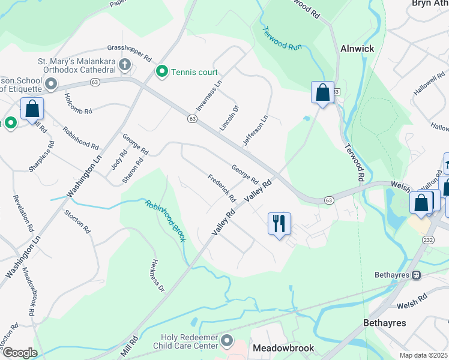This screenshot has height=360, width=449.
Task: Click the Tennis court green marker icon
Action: coord(161,73)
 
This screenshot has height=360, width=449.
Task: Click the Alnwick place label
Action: coord(357,49)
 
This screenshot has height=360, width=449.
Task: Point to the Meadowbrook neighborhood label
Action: coord(283,348)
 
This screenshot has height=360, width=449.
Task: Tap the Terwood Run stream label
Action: coord(282,39)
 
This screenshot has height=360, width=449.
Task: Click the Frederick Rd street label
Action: coord(222,188)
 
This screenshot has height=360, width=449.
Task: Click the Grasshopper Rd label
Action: coord(129,53)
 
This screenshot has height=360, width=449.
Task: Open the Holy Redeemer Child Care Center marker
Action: coord(226,341)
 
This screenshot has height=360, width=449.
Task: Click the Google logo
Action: coord(20,353)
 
